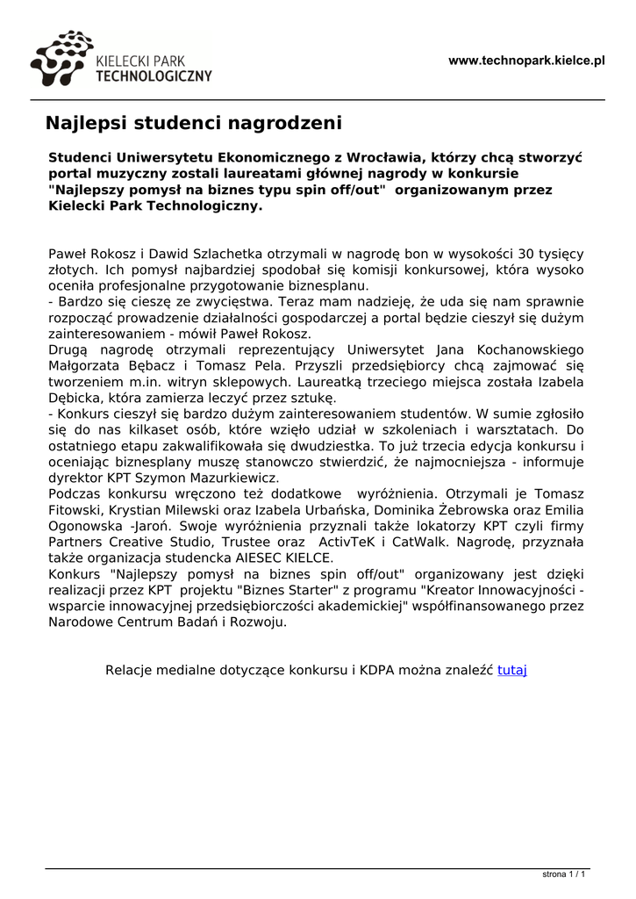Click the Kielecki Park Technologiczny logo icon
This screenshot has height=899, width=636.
[x=61, y=59]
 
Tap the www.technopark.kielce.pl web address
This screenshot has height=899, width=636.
[x=526, y=61]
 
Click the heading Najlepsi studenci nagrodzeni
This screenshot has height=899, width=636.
[x=193, y=122]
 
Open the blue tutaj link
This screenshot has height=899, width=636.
[x=511, y=670]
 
